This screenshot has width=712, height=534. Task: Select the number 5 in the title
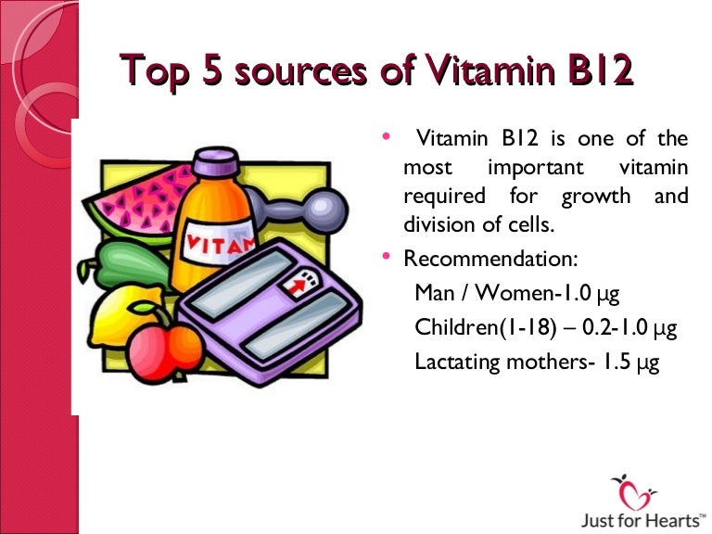pos(212,71)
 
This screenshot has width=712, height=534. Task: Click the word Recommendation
pos(477,259)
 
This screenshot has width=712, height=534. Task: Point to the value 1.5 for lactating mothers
pos(615,362)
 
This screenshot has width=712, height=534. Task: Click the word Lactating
pos(455,362)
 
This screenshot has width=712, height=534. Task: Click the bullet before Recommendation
pos(388,257)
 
